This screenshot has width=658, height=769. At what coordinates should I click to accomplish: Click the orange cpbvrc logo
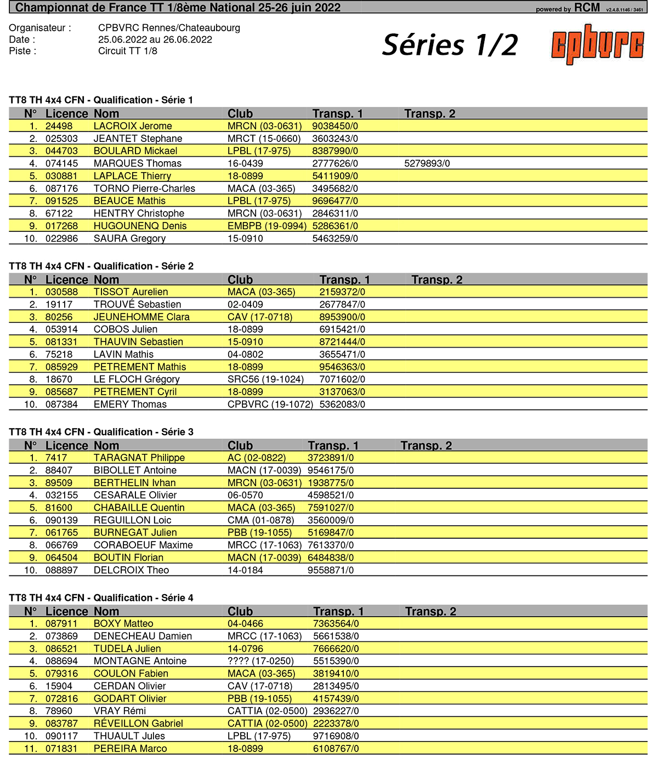597,44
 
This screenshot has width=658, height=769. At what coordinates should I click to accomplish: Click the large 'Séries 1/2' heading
450,45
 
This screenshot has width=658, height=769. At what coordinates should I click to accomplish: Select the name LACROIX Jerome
133,126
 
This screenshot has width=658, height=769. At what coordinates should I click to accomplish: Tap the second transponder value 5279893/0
427,163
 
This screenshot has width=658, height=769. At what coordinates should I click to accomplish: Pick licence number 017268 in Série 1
61,226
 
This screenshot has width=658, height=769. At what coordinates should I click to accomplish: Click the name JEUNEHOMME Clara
141,317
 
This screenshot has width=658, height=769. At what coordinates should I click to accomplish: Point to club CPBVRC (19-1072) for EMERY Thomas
270,405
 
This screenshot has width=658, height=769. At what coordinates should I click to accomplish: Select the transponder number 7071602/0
342,379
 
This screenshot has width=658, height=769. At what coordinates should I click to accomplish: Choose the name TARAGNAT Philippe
139,458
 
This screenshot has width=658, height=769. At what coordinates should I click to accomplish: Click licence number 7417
56,458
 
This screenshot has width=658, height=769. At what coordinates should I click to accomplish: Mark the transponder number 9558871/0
331,570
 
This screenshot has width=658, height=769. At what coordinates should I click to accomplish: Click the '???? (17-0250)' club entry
261,661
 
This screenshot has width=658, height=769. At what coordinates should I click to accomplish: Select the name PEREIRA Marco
130,749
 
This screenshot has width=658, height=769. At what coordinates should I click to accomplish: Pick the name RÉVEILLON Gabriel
138,724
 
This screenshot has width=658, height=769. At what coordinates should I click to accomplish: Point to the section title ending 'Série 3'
101,432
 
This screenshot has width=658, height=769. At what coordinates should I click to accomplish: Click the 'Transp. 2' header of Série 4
430,612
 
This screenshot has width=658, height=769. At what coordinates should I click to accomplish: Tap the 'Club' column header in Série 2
240,280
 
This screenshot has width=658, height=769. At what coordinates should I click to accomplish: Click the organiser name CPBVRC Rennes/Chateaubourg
169,28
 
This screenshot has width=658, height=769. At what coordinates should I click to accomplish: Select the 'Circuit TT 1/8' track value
128,51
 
